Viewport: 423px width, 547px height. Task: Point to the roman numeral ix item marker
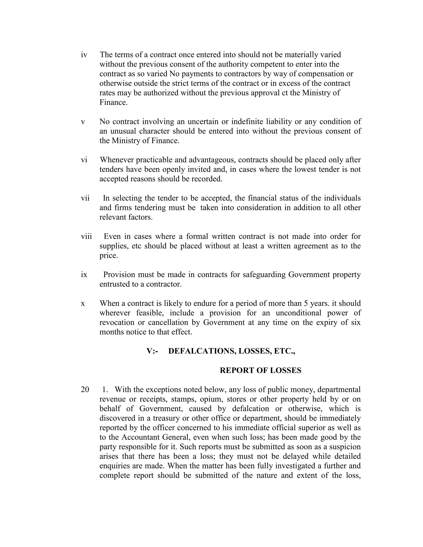point(84,275)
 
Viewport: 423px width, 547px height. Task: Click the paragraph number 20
point(85,390)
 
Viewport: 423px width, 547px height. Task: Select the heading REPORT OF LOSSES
point(260,371)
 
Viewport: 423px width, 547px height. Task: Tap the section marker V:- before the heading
point(152,351)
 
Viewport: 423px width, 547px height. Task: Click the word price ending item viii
point(108,256)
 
